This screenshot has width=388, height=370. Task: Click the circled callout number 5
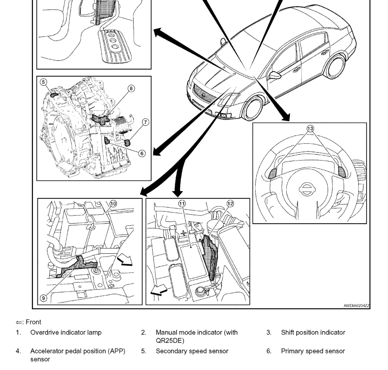pyautogui.click(x=43, y=82)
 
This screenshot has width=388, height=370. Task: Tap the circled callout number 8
pyautogui.click(x=131, y=88)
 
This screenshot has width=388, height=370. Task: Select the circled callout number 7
pyautogui.click(x=146, y=122)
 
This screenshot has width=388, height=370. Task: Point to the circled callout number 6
pyautogui.click(x=142, y=154)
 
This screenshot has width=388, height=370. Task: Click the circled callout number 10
pyautogui.click(x=113, y=204)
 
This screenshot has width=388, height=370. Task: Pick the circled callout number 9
pyautogui.click(x=43, y=298)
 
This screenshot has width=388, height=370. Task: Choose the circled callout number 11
pyautogui.click(x=182, y=203)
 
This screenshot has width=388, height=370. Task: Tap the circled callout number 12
pyautogui.click(x=230, y=203)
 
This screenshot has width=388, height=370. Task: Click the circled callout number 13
pyautogui.click(x=310, y=129)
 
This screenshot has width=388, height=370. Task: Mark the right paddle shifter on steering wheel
pyautogui.click(x=342, y=171)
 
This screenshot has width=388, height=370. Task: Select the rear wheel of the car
pyautogui.click(x=335, y=65)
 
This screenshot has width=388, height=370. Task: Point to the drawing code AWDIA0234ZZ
pyautogui.click(x=356, y=306)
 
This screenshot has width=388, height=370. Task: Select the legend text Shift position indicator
pyautogui.click(x=313, y=332)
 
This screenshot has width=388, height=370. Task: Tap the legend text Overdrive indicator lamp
pyautogui.click(x=66, y=332)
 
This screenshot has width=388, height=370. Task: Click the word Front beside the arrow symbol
pyautogui.click(x=33, y=322)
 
